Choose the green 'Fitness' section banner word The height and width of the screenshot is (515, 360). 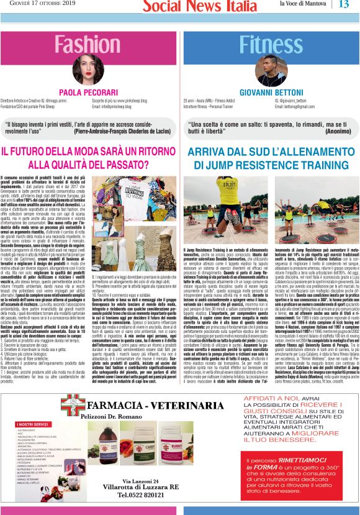(269, 45)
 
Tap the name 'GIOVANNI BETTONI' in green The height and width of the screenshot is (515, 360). (269, 92)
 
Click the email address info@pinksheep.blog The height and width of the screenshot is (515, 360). (120, 106)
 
